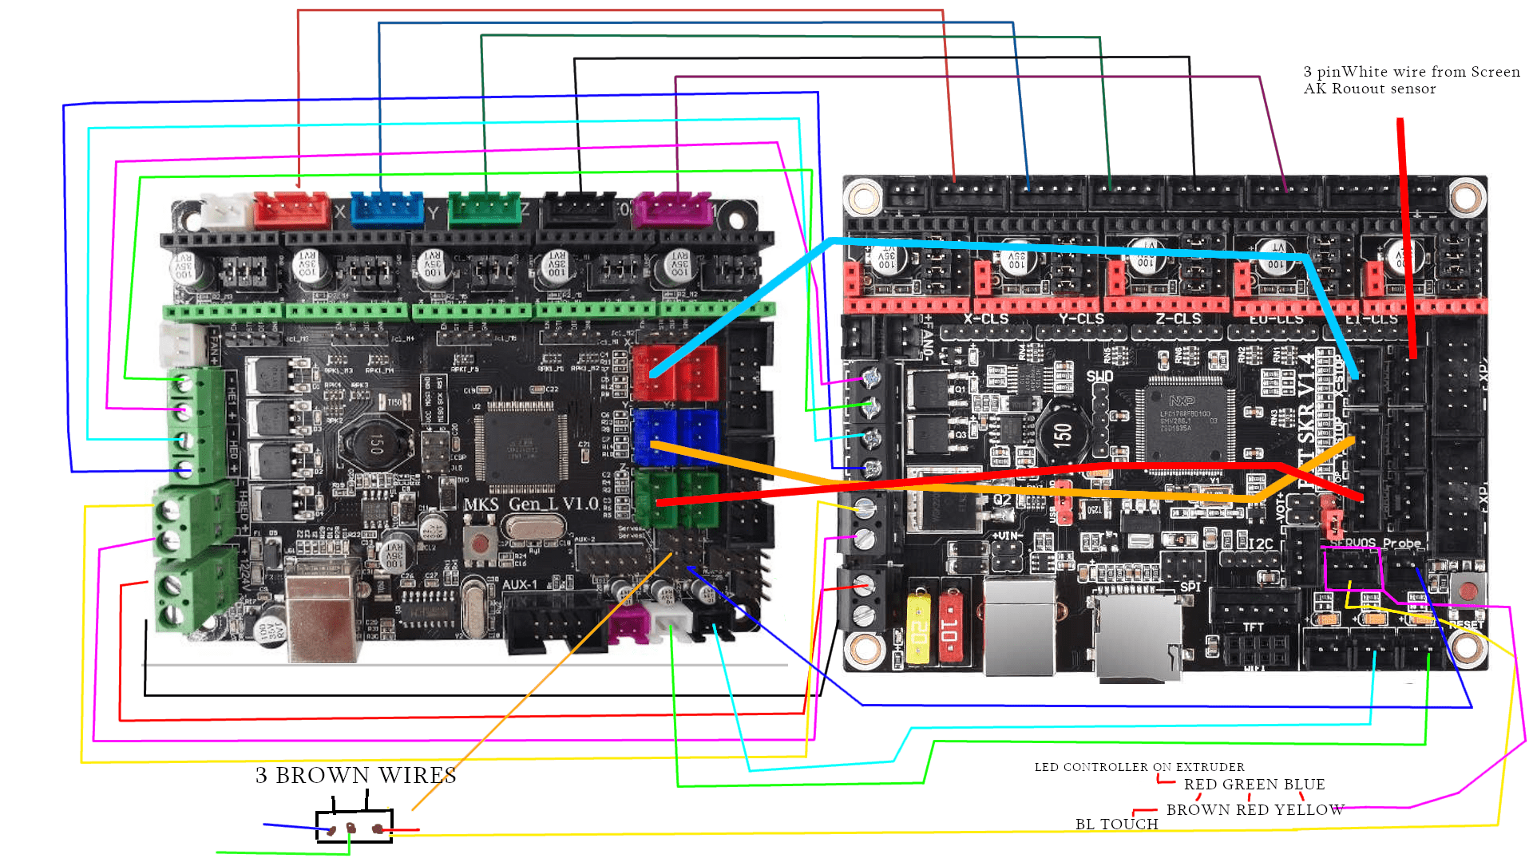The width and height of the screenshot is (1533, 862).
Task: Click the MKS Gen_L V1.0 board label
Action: tap(531, 504)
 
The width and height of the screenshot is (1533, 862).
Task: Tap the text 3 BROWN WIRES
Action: tap(356, 776)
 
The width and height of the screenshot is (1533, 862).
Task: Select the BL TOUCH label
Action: tap(1116, 824)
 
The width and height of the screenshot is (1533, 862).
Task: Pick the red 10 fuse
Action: tap(949, 627)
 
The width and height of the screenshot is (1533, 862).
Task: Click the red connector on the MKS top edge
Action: tap(291, 209)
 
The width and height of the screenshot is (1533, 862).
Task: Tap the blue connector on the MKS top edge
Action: tap(387, 209)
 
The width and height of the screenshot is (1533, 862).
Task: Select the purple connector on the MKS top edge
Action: tap(672, 209)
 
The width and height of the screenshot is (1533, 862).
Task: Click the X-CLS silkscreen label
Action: tap(985, 319)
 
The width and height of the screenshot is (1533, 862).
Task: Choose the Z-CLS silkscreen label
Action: tap(1178, 319)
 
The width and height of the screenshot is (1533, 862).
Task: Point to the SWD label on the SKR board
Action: tap(1099, 377)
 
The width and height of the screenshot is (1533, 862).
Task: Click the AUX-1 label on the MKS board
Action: tap(520, 585)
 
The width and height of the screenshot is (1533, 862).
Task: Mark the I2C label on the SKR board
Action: tap(1260, 544)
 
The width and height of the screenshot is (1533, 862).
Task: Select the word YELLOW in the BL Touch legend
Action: tap(1309, 810)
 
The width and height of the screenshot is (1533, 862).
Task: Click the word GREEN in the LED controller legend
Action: tap(1254, 785)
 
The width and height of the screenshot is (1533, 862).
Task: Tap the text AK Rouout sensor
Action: tap(1369, 89)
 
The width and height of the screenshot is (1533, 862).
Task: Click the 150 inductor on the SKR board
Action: tap(1063, 435)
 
